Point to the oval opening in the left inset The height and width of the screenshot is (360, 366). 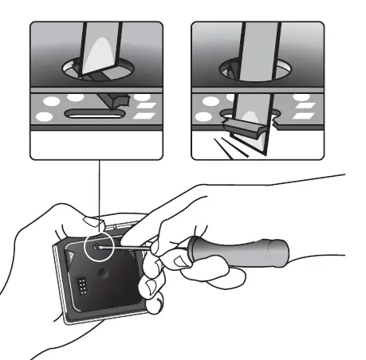click(x=95, y=70)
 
